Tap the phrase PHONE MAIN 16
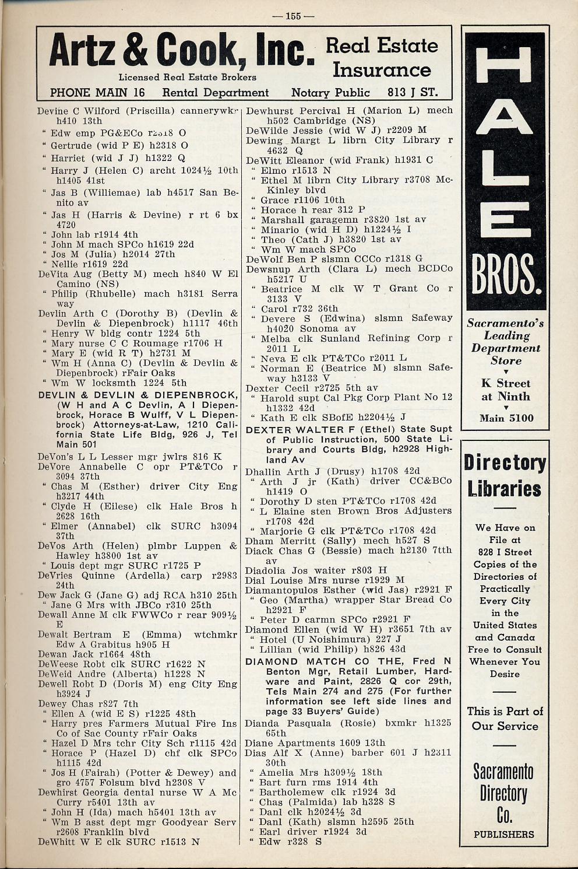coord(97,93)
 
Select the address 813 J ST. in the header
coord(412,93)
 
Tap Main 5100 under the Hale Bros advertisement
coord(506,418)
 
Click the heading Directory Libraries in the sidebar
coord(505,476)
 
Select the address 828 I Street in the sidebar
coord(505,552)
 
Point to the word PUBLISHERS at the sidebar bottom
coord(504,834)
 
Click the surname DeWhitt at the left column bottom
coord(57,842)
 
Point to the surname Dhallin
coord(263,471)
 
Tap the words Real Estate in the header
coord(382,45)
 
